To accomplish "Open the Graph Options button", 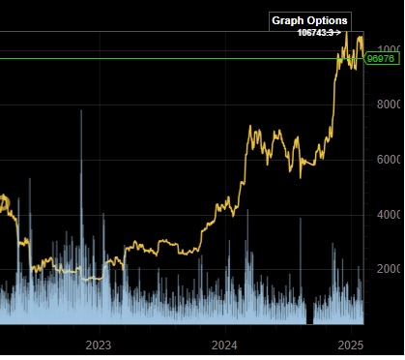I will click(x=309, y=20).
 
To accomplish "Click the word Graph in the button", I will click(x=288, y=20).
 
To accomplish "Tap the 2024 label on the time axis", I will click(x=224, y=345).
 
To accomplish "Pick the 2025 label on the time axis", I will click(x=350, y=345).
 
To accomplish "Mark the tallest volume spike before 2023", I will click(x=81, y=112).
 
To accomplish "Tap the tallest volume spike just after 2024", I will click(x=247, y=211).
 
